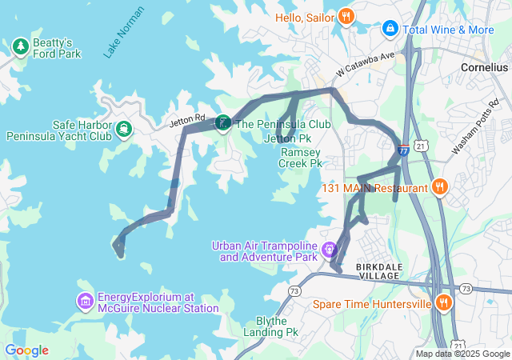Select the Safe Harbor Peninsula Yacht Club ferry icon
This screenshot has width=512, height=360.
point(124,129)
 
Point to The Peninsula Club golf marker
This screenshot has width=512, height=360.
point(222,124)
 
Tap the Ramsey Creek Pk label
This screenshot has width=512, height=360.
point(300,157)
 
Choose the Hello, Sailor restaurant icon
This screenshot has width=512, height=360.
point(346,16)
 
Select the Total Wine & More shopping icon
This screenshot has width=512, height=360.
point(390,30)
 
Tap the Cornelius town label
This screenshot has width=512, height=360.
point(484,68)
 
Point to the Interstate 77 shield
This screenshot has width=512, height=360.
point(403,149)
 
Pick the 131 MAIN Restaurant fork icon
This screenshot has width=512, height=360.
point(439,188)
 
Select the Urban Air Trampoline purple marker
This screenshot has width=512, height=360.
point(329,250)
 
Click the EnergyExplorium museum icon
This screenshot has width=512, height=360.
point(86,302)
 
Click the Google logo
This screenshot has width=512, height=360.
point(26,350)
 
